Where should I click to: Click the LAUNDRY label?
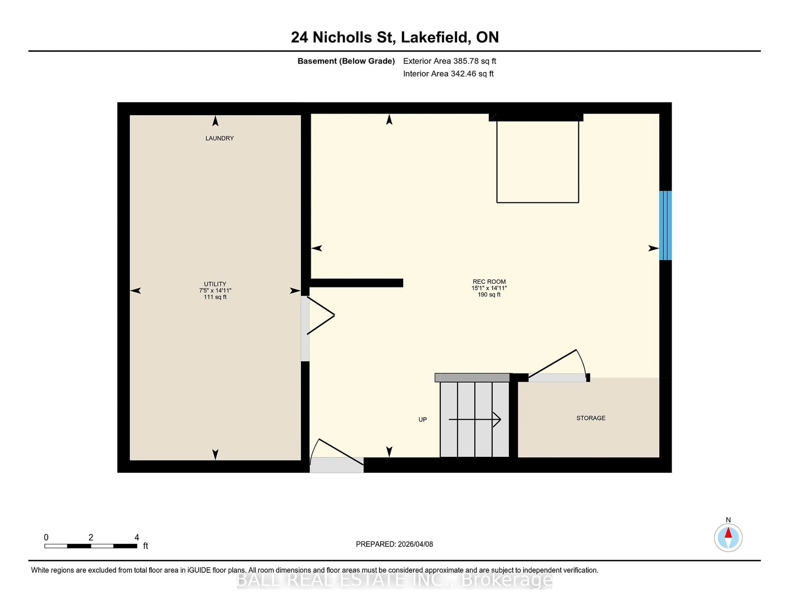pos(219,138)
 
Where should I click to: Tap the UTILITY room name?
pos(215,284)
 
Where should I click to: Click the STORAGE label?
pos(591,418)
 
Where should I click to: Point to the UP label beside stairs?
pos(422,419)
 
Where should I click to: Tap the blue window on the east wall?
pos(665,225)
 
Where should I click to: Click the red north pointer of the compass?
pos(728,533)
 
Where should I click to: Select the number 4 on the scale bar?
pos(137,537)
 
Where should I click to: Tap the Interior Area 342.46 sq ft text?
pos(448,74)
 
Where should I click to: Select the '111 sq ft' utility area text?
pos(215,297)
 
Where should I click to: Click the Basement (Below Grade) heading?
pos(346,61)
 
